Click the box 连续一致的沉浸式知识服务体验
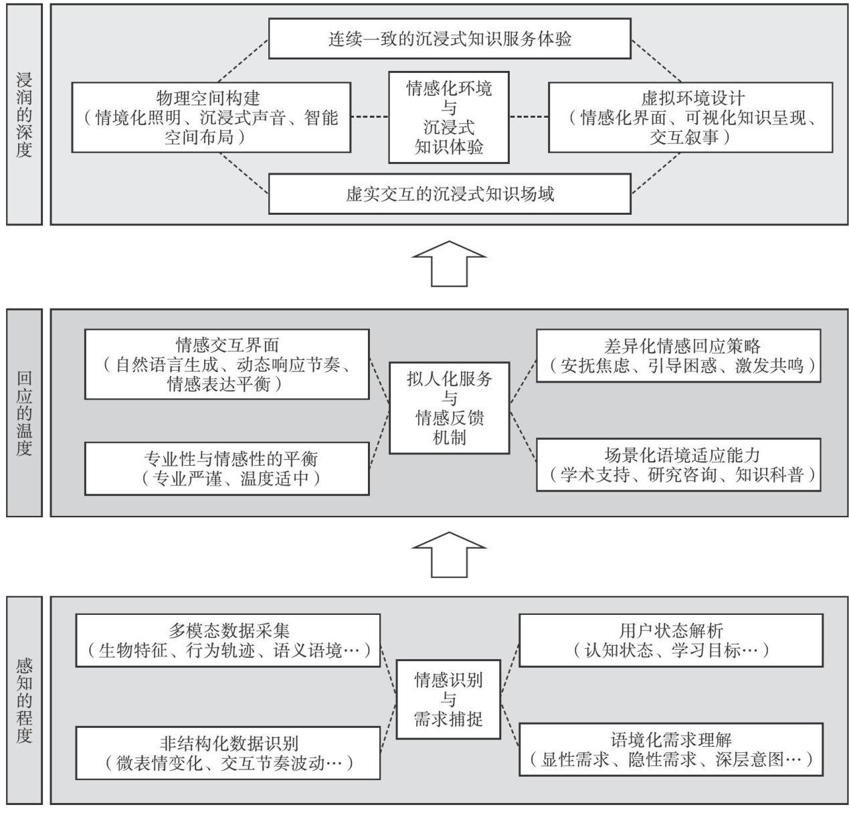click(x=450, y=38)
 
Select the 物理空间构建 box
click(x=211, y=118)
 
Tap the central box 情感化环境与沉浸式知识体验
click(x=449, y=117)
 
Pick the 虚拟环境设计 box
click(x=690, y=118)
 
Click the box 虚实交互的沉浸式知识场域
click(x=450, y=194)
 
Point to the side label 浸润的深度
click(x=24, y=114)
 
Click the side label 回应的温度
click(x=24, y=413)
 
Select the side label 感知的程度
click(x=24, y=700)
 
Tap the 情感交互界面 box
click(x=227, y=364)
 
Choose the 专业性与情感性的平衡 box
click(x=227, y=468)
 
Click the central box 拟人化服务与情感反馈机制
click(x=449, y=407)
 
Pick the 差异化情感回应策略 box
click(x=678, y=355)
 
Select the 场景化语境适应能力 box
click(x=678, y=465)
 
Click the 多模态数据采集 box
click(x=229, y=640)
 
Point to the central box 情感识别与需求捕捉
click(x=448, y=699)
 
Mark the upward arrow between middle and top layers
click(x=449, y=264)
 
